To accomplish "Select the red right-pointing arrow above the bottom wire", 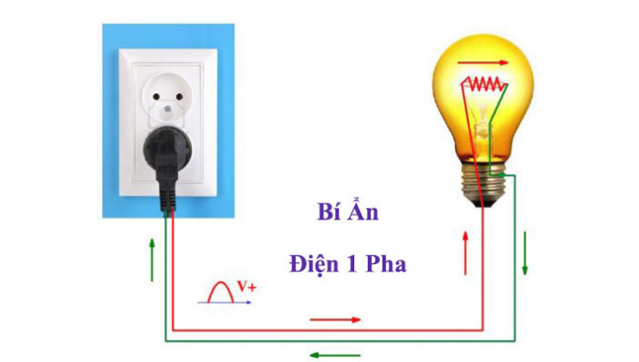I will (x=335, y=319).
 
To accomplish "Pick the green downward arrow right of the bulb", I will (x=526, y=259).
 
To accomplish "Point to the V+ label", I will (x=246, y=287).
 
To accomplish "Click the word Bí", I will (x=317, y=214).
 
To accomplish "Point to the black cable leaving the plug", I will (x=167, y=197).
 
